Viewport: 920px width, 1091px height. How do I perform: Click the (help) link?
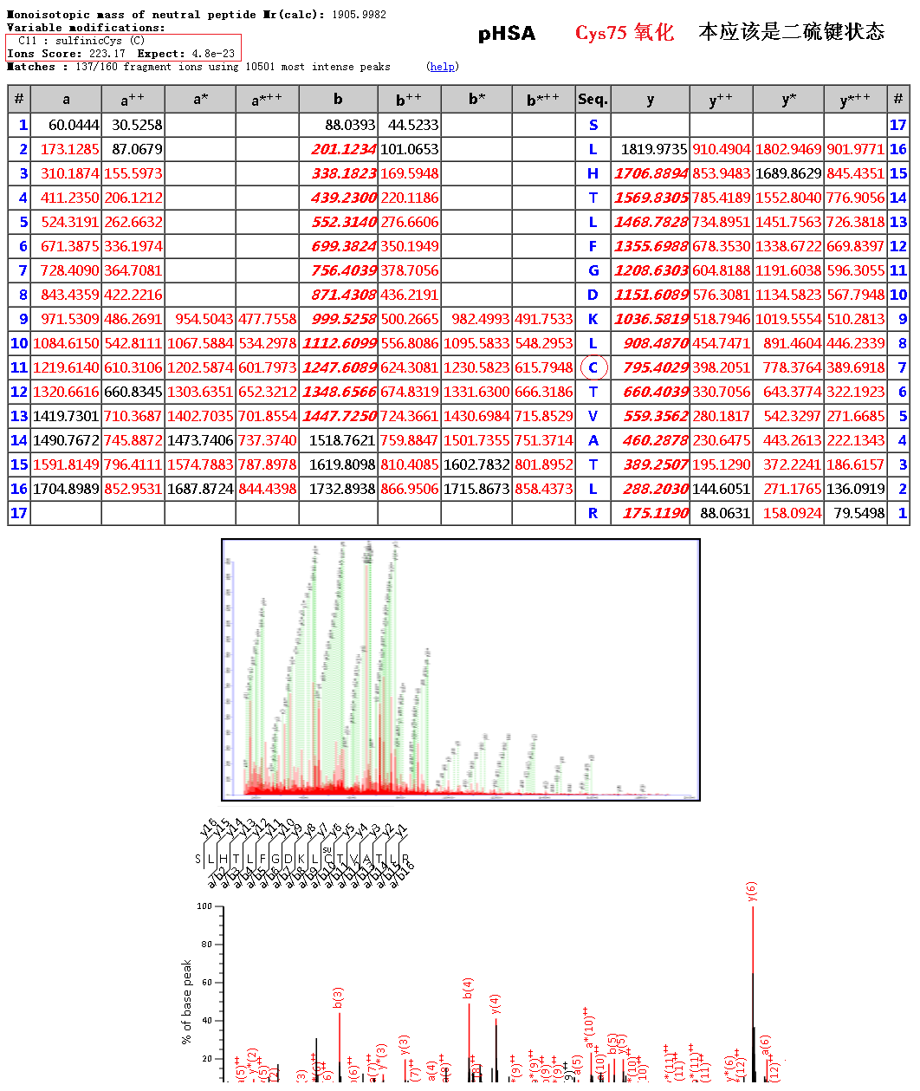pos(443,67)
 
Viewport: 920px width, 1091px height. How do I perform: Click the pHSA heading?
pos(507,34)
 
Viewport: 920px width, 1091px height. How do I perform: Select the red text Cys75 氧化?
pos(624,33)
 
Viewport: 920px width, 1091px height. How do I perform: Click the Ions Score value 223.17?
pos(107,54)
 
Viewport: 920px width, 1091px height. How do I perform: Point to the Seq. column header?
pos(593,100)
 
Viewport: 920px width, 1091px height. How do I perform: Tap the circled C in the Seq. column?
pos(593,367)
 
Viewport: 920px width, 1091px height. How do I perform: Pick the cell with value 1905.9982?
pos(358,15)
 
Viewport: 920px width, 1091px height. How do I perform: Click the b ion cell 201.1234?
pos(344,149)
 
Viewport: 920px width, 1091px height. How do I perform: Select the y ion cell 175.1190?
pos(655,513)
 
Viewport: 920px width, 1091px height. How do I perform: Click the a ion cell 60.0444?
pos(74,125)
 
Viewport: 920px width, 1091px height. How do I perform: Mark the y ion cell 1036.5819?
pos(651,319)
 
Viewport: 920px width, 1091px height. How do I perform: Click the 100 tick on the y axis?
pos(204,906)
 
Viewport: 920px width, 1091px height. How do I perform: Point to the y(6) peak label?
pos(752,892)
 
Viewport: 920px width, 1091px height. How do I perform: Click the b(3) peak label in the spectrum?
pos(339,998)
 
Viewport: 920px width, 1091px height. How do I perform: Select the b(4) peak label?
pos(469,989)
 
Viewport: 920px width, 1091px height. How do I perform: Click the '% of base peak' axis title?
pos(186,1002)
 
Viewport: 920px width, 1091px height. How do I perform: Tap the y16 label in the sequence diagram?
pos(208,828)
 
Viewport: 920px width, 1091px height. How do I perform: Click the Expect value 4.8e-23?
pos(213,54)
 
